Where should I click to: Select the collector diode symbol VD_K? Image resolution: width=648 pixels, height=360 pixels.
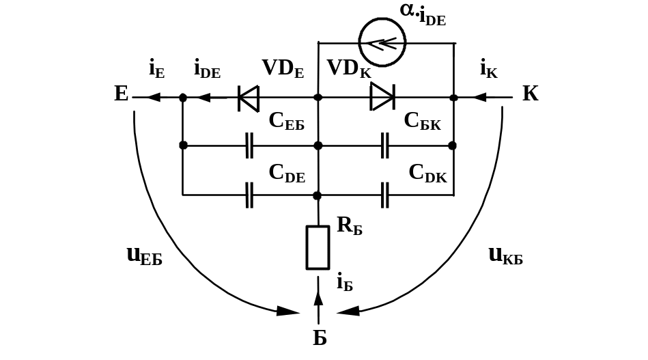click(x=382, y=98)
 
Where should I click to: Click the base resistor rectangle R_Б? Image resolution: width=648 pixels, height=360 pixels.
click(x=318, y=247)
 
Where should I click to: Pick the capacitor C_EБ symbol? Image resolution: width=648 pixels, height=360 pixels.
click(x=250, y=146)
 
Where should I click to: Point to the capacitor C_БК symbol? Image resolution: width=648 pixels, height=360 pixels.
click(x=385, y=146)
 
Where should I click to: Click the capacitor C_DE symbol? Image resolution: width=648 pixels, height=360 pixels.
click(x=250, y=195)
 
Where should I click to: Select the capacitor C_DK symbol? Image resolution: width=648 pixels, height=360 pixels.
click(x=385, y=195)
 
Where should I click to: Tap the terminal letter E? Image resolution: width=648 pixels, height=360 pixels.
click(x=122, y=94)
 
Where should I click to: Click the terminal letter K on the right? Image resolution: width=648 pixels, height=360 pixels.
click(x=531, y=94)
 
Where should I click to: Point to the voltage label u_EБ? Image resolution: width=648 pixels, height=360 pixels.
click(x=144, y=256)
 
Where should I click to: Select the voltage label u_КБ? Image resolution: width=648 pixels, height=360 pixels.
click(x=506, y=256)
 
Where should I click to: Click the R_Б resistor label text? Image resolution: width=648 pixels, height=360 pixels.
click(x=349, y=226)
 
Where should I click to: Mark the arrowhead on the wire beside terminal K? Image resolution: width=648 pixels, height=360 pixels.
click(x=481, y=98)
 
